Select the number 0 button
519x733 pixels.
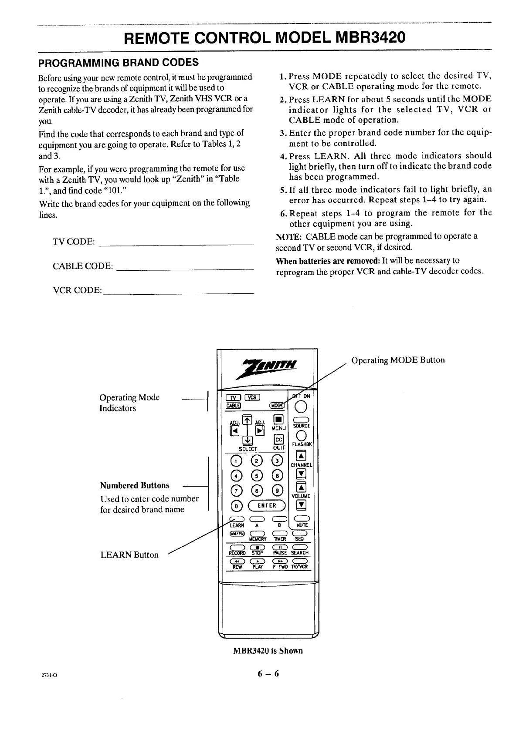[236, 506]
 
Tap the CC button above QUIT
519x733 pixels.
[278, 439]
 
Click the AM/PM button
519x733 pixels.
[237, 534]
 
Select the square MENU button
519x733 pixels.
[278, 420]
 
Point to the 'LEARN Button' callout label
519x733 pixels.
[129, 555]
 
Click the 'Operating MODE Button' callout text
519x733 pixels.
[398, 360]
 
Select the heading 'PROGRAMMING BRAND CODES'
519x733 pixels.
[119, 63]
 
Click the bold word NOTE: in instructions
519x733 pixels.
[288, 236]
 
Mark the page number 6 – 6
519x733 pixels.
[268, 674]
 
